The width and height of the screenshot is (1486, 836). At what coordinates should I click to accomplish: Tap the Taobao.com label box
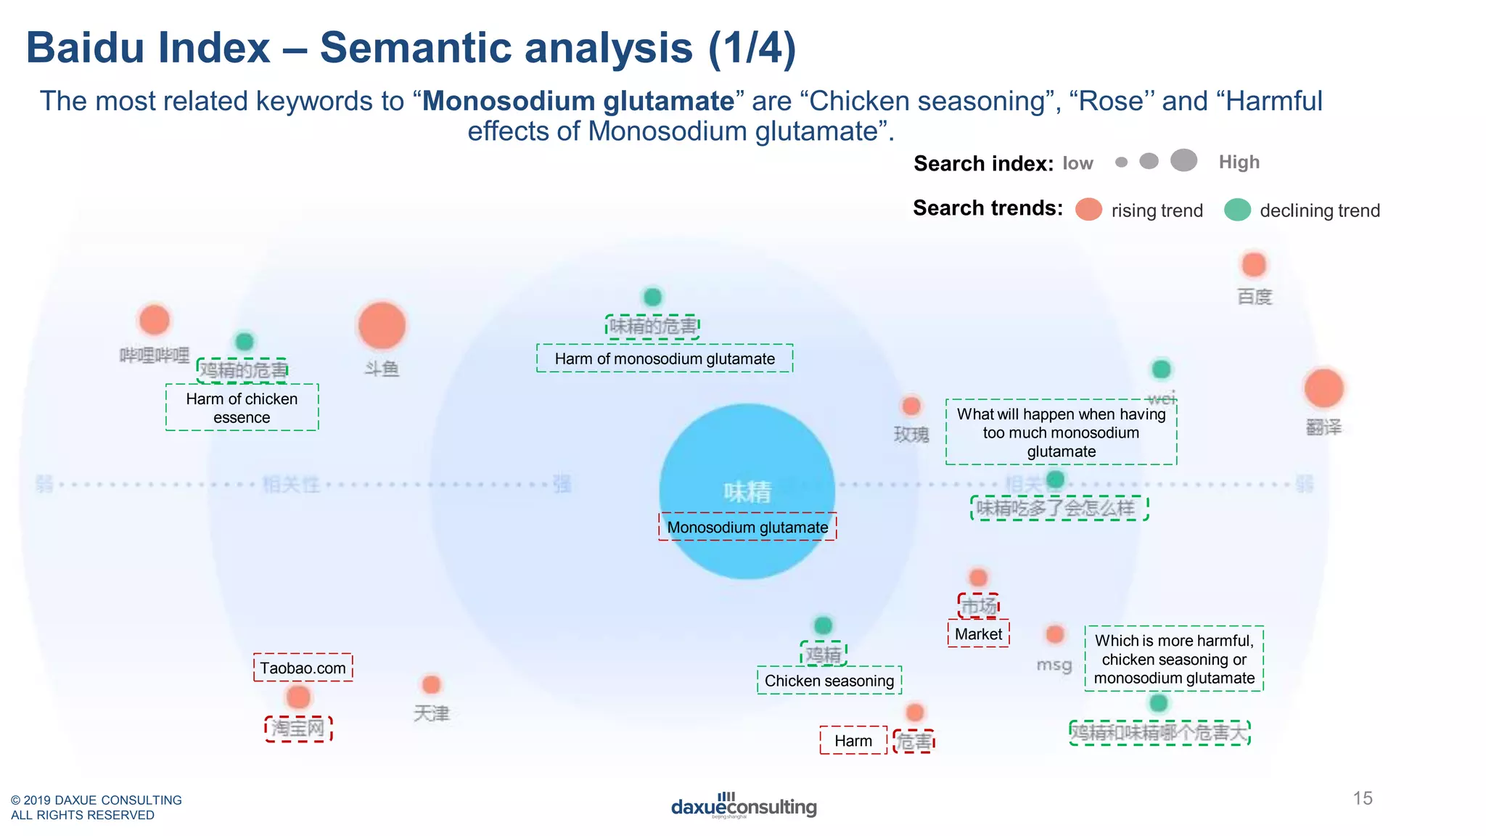tap(303, 668)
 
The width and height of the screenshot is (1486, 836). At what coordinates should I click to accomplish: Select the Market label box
tap(978, 634)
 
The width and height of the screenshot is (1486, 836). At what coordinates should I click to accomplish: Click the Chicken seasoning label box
tap(829, 681)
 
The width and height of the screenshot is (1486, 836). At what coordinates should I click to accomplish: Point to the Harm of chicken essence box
tap(242, 408)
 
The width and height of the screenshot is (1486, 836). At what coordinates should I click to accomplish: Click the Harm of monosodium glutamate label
tap(665, 358)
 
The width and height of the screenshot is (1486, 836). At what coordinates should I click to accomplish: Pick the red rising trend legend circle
tap(1088, 210)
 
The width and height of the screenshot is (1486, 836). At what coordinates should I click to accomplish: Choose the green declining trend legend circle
tap(1237, 210)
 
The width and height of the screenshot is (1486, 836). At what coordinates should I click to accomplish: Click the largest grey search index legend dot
tap(1183, 160)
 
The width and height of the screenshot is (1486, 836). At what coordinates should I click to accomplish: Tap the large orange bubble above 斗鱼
tap(382, 326)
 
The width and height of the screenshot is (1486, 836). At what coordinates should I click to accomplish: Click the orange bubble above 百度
tap(1254, 265)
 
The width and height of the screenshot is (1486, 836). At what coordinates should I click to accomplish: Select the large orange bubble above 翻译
tap(1323, 388)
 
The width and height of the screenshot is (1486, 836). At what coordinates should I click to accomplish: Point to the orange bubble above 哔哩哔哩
tap(154, 320)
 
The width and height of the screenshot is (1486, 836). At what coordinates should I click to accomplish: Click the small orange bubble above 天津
tap(431, 684)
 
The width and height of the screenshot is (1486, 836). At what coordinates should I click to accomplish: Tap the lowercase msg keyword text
tap(1054, 665)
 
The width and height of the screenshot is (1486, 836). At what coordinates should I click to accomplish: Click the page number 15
tap(1363, 798)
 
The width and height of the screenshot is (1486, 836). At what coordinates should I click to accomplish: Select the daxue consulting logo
tap(744, 806)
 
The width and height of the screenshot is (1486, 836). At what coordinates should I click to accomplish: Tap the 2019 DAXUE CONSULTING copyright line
tap(97, 800)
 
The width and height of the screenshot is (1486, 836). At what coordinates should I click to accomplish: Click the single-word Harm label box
tap(853, 741)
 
